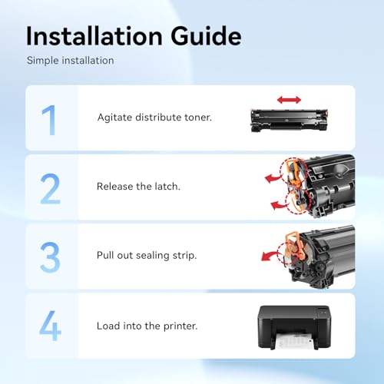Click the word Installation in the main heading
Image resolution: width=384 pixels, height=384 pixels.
tap(94, 36)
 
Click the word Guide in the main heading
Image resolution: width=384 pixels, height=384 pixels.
tap(206, 36)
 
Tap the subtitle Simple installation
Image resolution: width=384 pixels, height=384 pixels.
tap(71, 61)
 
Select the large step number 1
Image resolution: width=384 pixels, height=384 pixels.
tap(49, 120)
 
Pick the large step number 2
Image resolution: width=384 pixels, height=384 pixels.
tap(50, 189)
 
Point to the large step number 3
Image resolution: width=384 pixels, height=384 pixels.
tap(50, 257)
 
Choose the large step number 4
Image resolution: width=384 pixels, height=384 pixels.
tap(50, 326)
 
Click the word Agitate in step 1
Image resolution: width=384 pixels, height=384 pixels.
tap(114, 118)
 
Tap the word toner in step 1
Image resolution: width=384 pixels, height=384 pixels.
tap(198, 118)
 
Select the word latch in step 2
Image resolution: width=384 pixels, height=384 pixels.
tap(167, 187)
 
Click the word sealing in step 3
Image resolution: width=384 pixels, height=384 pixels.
tap(153, 256)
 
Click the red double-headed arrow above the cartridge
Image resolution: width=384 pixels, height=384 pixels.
tap(289, 100)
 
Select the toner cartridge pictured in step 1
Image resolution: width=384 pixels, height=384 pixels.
tap(290, 120)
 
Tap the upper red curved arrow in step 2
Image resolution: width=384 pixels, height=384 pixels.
tap(274, 177)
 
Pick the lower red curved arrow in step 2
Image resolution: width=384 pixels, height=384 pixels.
tap(280, 204)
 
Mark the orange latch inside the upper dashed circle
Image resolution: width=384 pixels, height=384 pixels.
tap(294, 171)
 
